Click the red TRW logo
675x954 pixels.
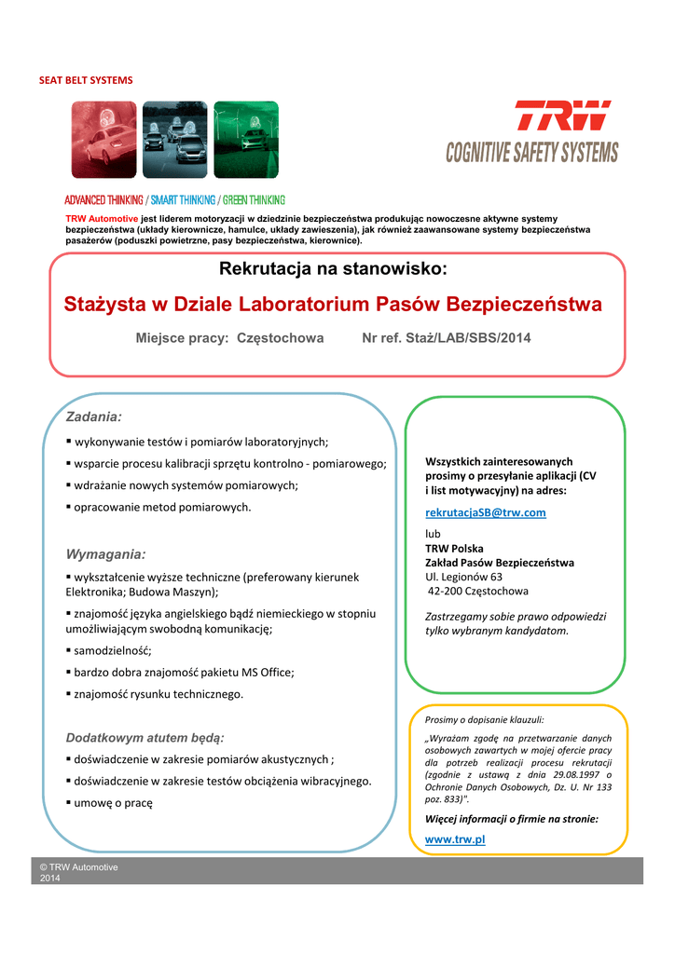point(563,116)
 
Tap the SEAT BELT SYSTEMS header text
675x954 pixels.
point(86,80)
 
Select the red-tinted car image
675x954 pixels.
point(104,140)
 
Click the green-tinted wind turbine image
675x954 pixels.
point(246,140)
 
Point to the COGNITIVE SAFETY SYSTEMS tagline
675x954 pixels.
point(531,152)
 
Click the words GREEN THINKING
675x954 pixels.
point(254,200)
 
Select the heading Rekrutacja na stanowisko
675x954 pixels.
point(333,270)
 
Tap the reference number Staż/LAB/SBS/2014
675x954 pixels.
point(475,338)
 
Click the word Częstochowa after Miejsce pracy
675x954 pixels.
point(281,338)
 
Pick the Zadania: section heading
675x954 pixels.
point(93,416)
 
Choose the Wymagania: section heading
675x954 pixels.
point(105,554)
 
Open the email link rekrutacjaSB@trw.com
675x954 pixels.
point(485,512)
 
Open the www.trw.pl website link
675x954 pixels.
point(455,839)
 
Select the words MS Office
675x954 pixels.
point(263,672)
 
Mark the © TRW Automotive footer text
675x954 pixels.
point(79,867)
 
